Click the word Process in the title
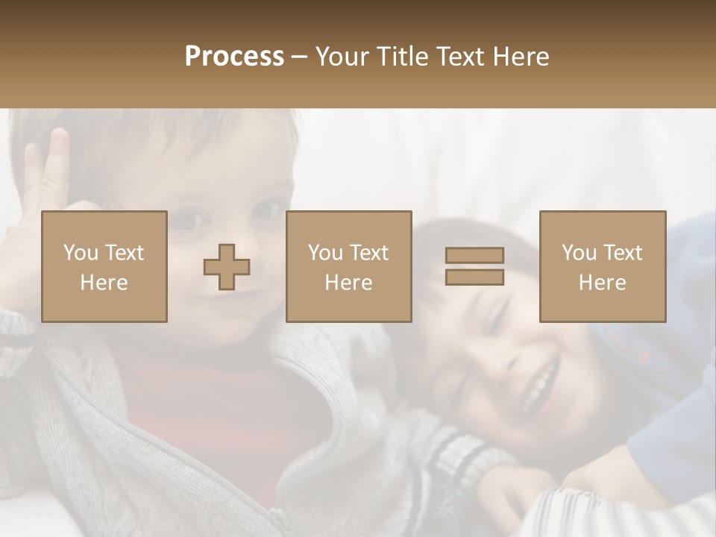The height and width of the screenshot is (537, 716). (234, 57)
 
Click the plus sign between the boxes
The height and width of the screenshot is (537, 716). (227, 267)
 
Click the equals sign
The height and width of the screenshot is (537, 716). (474, 266)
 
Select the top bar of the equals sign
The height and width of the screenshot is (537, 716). (474, 255)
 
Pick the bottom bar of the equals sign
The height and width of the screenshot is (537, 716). (474, 277)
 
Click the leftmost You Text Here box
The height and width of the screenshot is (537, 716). (104, 266)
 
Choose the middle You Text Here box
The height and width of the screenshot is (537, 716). (348, 266)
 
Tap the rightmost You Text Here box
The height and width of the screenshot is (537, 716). (603, 266)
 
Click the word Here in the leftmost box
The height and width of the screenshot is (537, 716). (104, 283)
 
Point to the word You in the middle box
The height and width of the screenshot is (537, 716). (325, 253)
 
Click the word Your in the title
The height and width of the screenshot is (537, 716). (345, 57)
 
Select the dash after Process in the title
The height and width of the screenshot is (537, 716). (300, 57)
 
